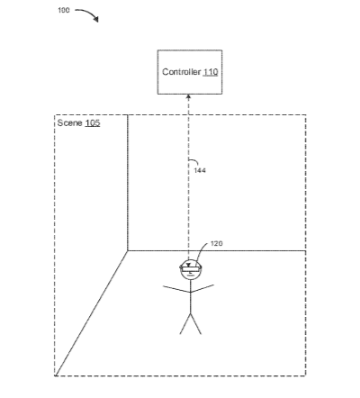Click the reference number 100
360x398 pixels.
tap(64, 10)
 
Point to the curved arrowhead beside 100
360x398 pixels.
tap(95, 19)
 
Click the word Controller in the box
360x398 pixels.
tap(181, 72)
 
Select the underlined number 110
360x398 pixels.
tap(211, 72)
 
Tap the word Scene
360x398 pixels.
tap(69, 122)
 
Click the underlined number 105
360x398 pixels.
tap(93, 123)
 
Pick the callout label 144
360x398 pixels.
tap(200, 170)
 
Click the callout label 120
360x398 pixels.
tap(217, 243)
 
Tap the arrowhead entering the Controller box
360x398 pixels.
tap(189, 96)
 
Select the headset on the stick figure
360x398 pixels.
tap(191, 267)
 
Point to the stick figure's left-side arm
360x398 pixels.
tap(176, 289)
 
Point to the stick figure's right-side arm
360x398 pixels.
tap(202, 288)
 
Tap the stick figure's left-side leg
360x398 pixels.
tap(185, 324)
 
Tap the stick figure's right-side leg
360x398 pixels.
tap(196, 324)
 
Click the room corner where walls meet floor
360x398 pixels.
tap(128, 250)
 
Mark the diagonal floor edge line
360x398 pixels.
tap(92, 313)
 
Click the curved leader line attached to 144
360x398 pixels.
tap(193, 161)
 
